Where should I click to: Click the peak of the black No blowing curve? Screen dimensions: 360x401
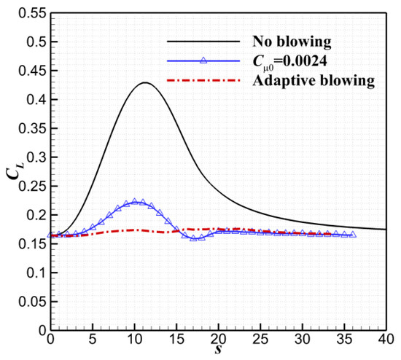click(145, 83)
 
